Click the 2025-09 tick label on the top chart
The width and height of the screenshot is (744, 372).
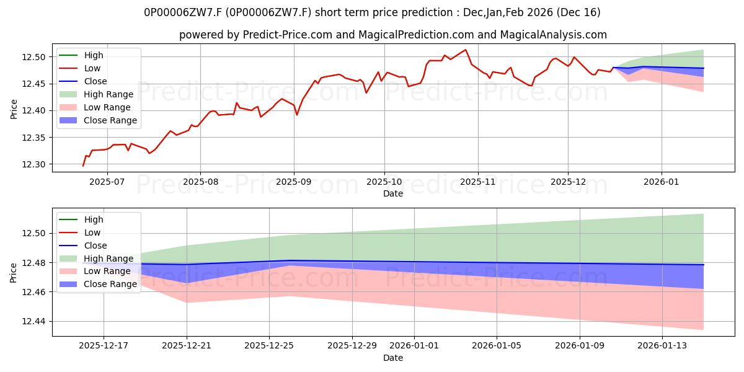pyautogui.click(x=294, y=182)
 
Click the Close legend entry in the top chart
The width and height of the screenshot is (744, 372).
pyautogui.click(x=95, y=81)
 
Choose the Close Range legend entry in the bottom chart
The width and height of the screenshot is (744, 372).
pyautogui.click(x=110, y=285)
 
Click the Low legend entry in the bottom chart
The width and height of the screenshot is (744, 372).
pyautogui.click(x=92, y=232)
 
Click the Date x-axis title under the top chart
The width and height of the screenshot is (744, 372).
pyautogui.click(x=393, y=193)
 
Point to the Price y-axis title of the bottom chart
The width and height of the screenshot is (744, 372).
pyautogui.click(x=14, y=272)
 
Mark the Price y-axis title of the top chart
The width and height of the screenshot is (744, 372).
pyautogui.click(x=14, y=108)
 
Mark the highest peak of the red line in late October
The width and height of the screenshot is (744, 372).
pyautogui.click(x=466, y=50)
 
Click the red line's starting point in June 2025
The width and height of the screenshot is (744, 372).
pyautogui.click(x=83, y=166)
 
